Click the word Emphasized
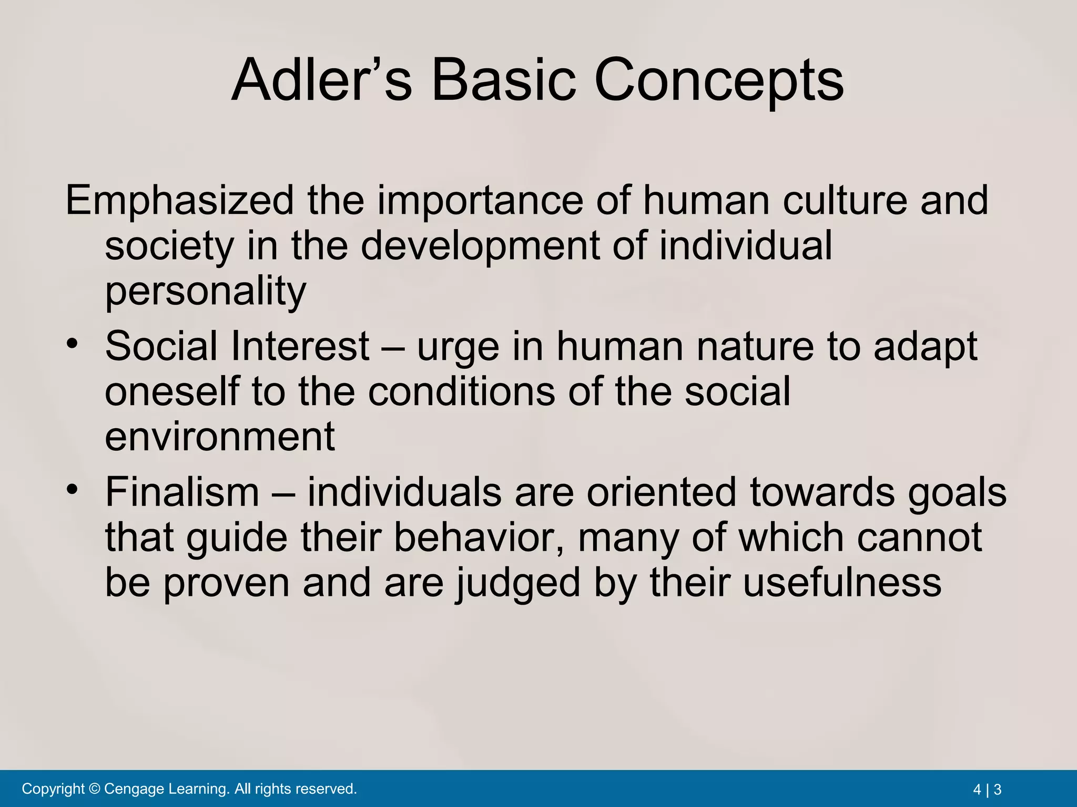click(x=179, y=201)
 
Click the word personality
click(x=205, y=292)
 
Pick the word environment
click(x=220, y=437)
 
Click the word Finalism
click(x=182, y=492)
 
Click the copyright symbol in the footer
click(x=95, y=789)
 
